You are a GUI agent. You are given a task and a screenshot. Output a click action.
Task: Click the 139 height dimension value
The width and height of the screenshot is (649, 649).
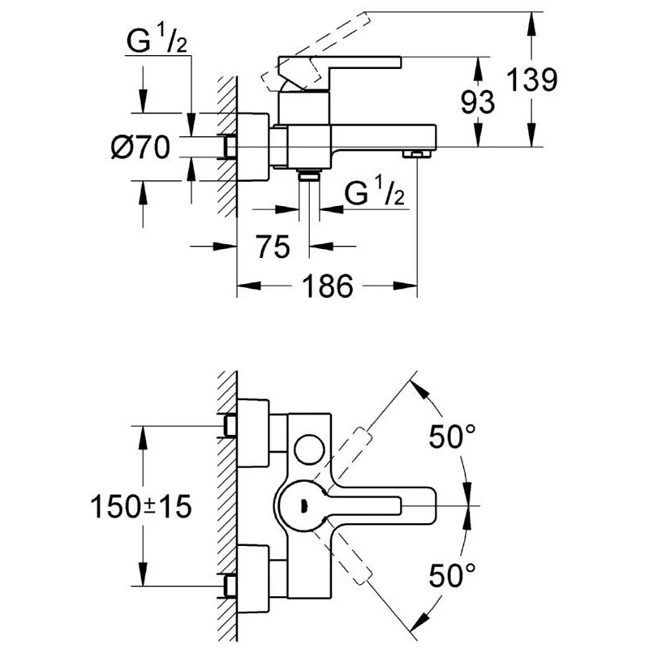pos(531,80)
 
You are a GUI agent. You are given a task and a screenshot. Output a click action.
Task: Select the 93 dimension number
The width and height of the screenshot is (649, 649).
pos(479,102)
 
